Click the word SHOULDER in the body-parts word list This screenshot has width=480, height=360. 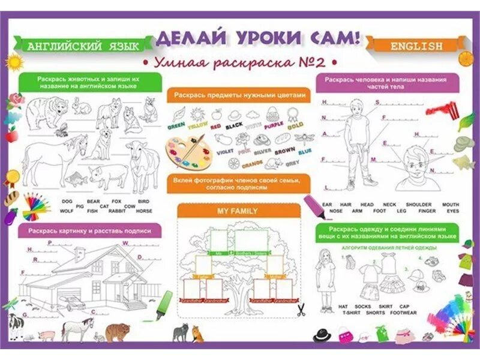click(x=418, y=205)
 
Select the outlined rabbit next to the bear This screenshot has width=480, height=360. click(x=82, y=107)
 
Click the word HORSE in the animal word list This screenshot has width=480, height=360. click(x=144, y=211)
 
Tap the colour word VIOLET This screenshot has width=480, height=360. click(x=224, y=152)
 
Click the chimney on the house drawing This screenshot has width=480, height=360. click(x=80, y=254)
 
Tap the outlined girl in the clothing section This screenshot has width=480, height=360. click(x=326, y=280)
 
